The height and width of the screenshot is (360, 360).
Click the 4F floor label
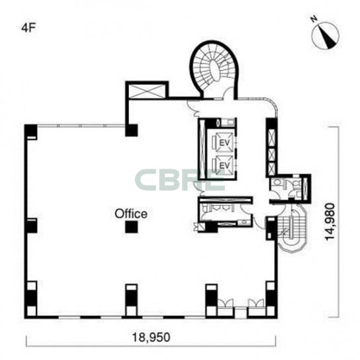[x=29, y=28]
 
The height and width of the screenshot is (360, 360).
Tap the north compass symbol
[x=326, y=36]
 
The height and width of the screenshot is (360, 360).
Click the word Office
[x=131, y=214]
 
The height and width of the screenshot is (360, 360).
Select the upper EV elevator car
[x=224, y=142]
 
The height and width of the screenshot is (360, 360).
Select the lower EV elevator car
[x=224, y=165]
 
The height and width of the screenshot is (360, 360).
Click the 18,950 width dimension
[x=151, y=337]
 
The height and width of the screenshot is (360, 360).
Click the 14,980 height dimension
[x=331, y=222]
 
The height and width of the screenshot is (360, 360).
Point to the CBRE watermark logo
[x=179, y=180]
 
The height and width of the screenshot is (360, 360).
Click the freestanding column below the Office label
[x=131, y=227]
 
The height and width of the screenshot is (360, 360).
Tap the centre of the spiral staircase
[x=215, y=68]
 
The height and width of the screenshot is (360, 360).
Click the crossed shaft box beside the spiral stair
[x=147, y=91]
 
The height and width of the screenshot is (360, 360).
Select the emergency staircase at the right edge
[x=292, y=230]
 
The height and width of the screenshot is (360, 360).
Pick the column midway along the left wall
[x=31, y=226]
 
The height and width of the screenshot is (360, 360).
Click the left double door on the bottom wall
[x=225, y=303]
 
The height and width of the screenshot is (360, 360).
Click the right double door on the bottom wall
[x=255, y=303]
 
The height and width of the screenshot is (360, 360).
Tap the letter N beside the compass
[x=314, y=19]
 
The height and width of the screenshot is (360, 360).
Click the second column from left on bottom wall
[x=131, y=298]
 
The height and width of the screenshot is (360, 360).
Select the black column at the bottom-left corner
[x=31, y=298]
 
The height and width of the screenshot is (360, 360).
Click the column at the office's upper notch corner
[x=131, y=130]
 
